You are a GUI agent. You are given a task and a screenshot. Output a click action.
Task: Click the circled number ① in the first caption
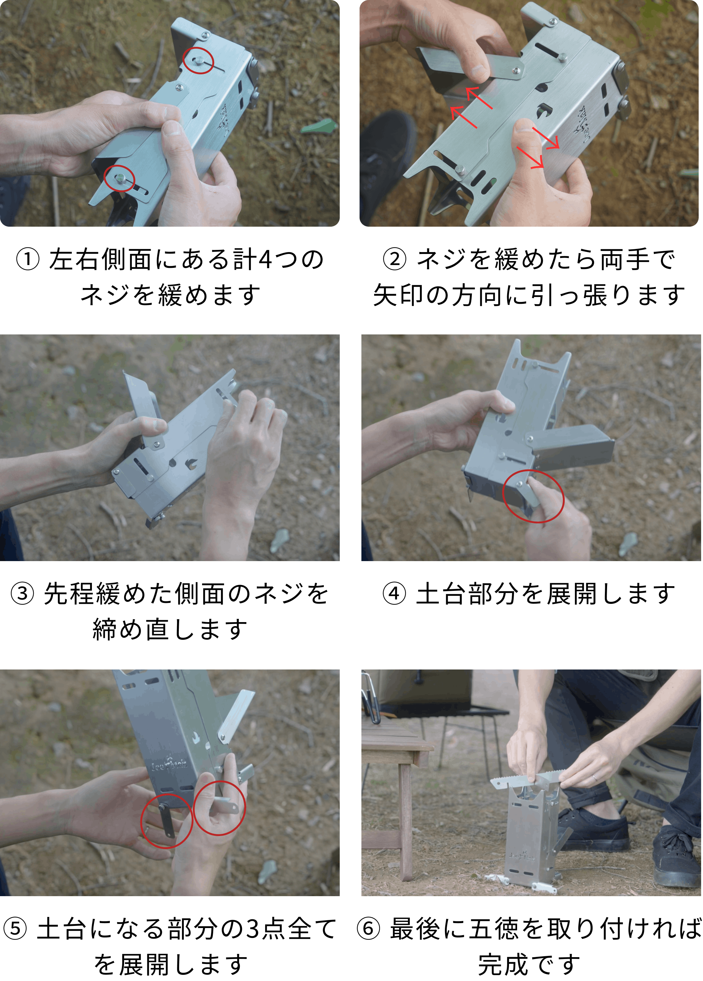(28, 259)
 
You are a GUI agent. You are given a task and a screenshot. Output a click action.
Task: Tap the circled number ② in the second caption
(395, 259)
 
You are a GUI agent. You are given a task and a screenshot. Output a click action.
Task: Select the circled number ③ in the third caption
(23, 594)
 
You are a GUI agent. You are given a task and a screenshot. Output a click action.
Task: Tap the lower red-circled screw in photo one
(119, 178)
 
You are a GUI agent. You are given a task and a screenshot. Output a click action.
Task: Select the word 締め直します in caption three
(170, 630)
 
